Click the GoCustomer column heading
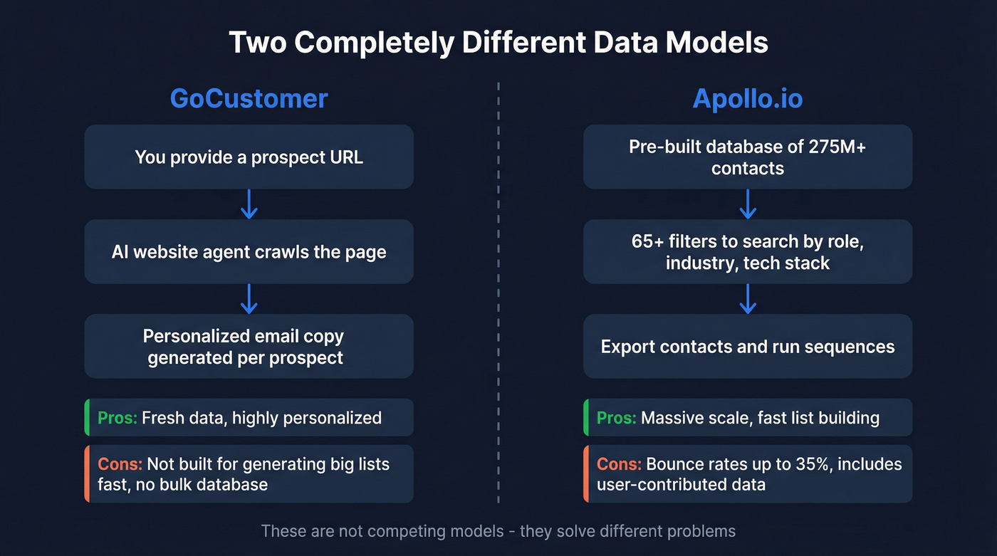click(249, 98)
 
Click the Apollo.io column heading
click(747, 98)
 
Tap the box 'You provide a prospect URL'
click(249, 157)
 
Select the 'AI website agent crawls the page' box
click(249, 252)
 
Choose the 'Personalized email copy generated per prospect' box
click(249, 347)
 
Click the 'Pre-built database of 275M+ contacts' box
click(747, 157)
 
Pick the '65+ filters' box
click(747, 252)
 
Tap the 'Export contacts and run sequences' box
click(747, 347)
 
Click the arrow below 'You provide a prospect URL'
click(249, 204)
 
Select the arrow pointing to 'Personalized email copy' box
click(249, 299)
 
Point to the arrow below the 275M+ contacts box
click(747, 204)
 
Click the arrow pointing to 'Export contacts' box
click(747, 299)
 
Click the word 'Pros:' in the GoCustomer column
click(118, 418)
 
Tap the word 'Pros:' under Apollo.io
click(616, 418)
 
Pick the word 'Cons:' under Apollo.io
click(619, 465)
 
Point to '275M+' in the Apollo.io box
click(837, 147)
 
